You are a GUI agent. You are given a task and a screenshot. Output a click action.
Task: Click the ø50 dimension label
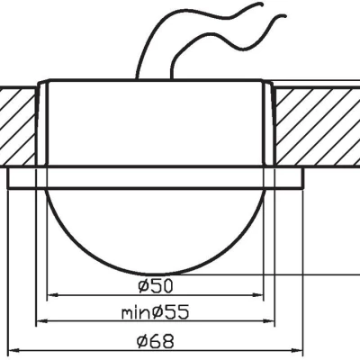[x=156, y=285]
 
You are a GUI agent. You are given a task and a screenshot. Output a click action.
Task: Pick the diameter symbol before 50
[x=145, y=285]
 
